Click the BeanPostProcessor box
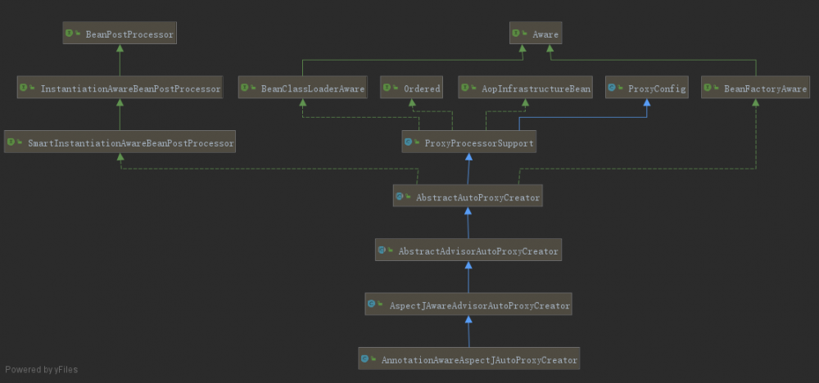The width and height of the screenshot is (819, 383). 120,33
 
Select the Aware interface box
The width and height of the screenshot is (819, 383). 536,33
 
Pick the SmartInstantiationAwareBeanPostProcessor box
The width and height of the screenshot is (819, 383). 120,142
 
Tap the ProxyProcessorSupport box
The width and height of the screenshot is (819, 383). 469,142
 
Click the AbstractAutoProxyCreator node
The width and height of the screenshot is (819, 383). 468,196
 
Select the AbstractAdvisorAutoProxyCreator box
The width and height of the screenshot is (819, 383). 468,250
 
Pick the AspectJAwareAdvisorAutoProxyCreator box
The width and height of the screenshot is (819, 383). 468,304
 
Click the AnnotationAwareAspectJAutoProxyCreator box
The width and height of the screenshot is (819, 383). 469,359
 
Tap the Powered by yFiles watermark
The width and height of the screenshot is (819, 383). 41,369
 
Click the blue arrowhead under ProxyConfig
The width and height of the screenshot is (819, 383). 647,102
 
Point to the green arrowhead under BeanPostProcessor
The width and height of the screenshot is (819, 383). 120,48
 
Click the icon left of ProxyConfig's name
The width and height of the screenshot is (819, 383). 612,88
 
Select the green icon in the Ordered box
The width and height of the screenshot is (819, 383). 387,88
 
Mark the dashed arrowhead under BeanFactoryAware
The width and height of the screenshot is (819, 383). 756,102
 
